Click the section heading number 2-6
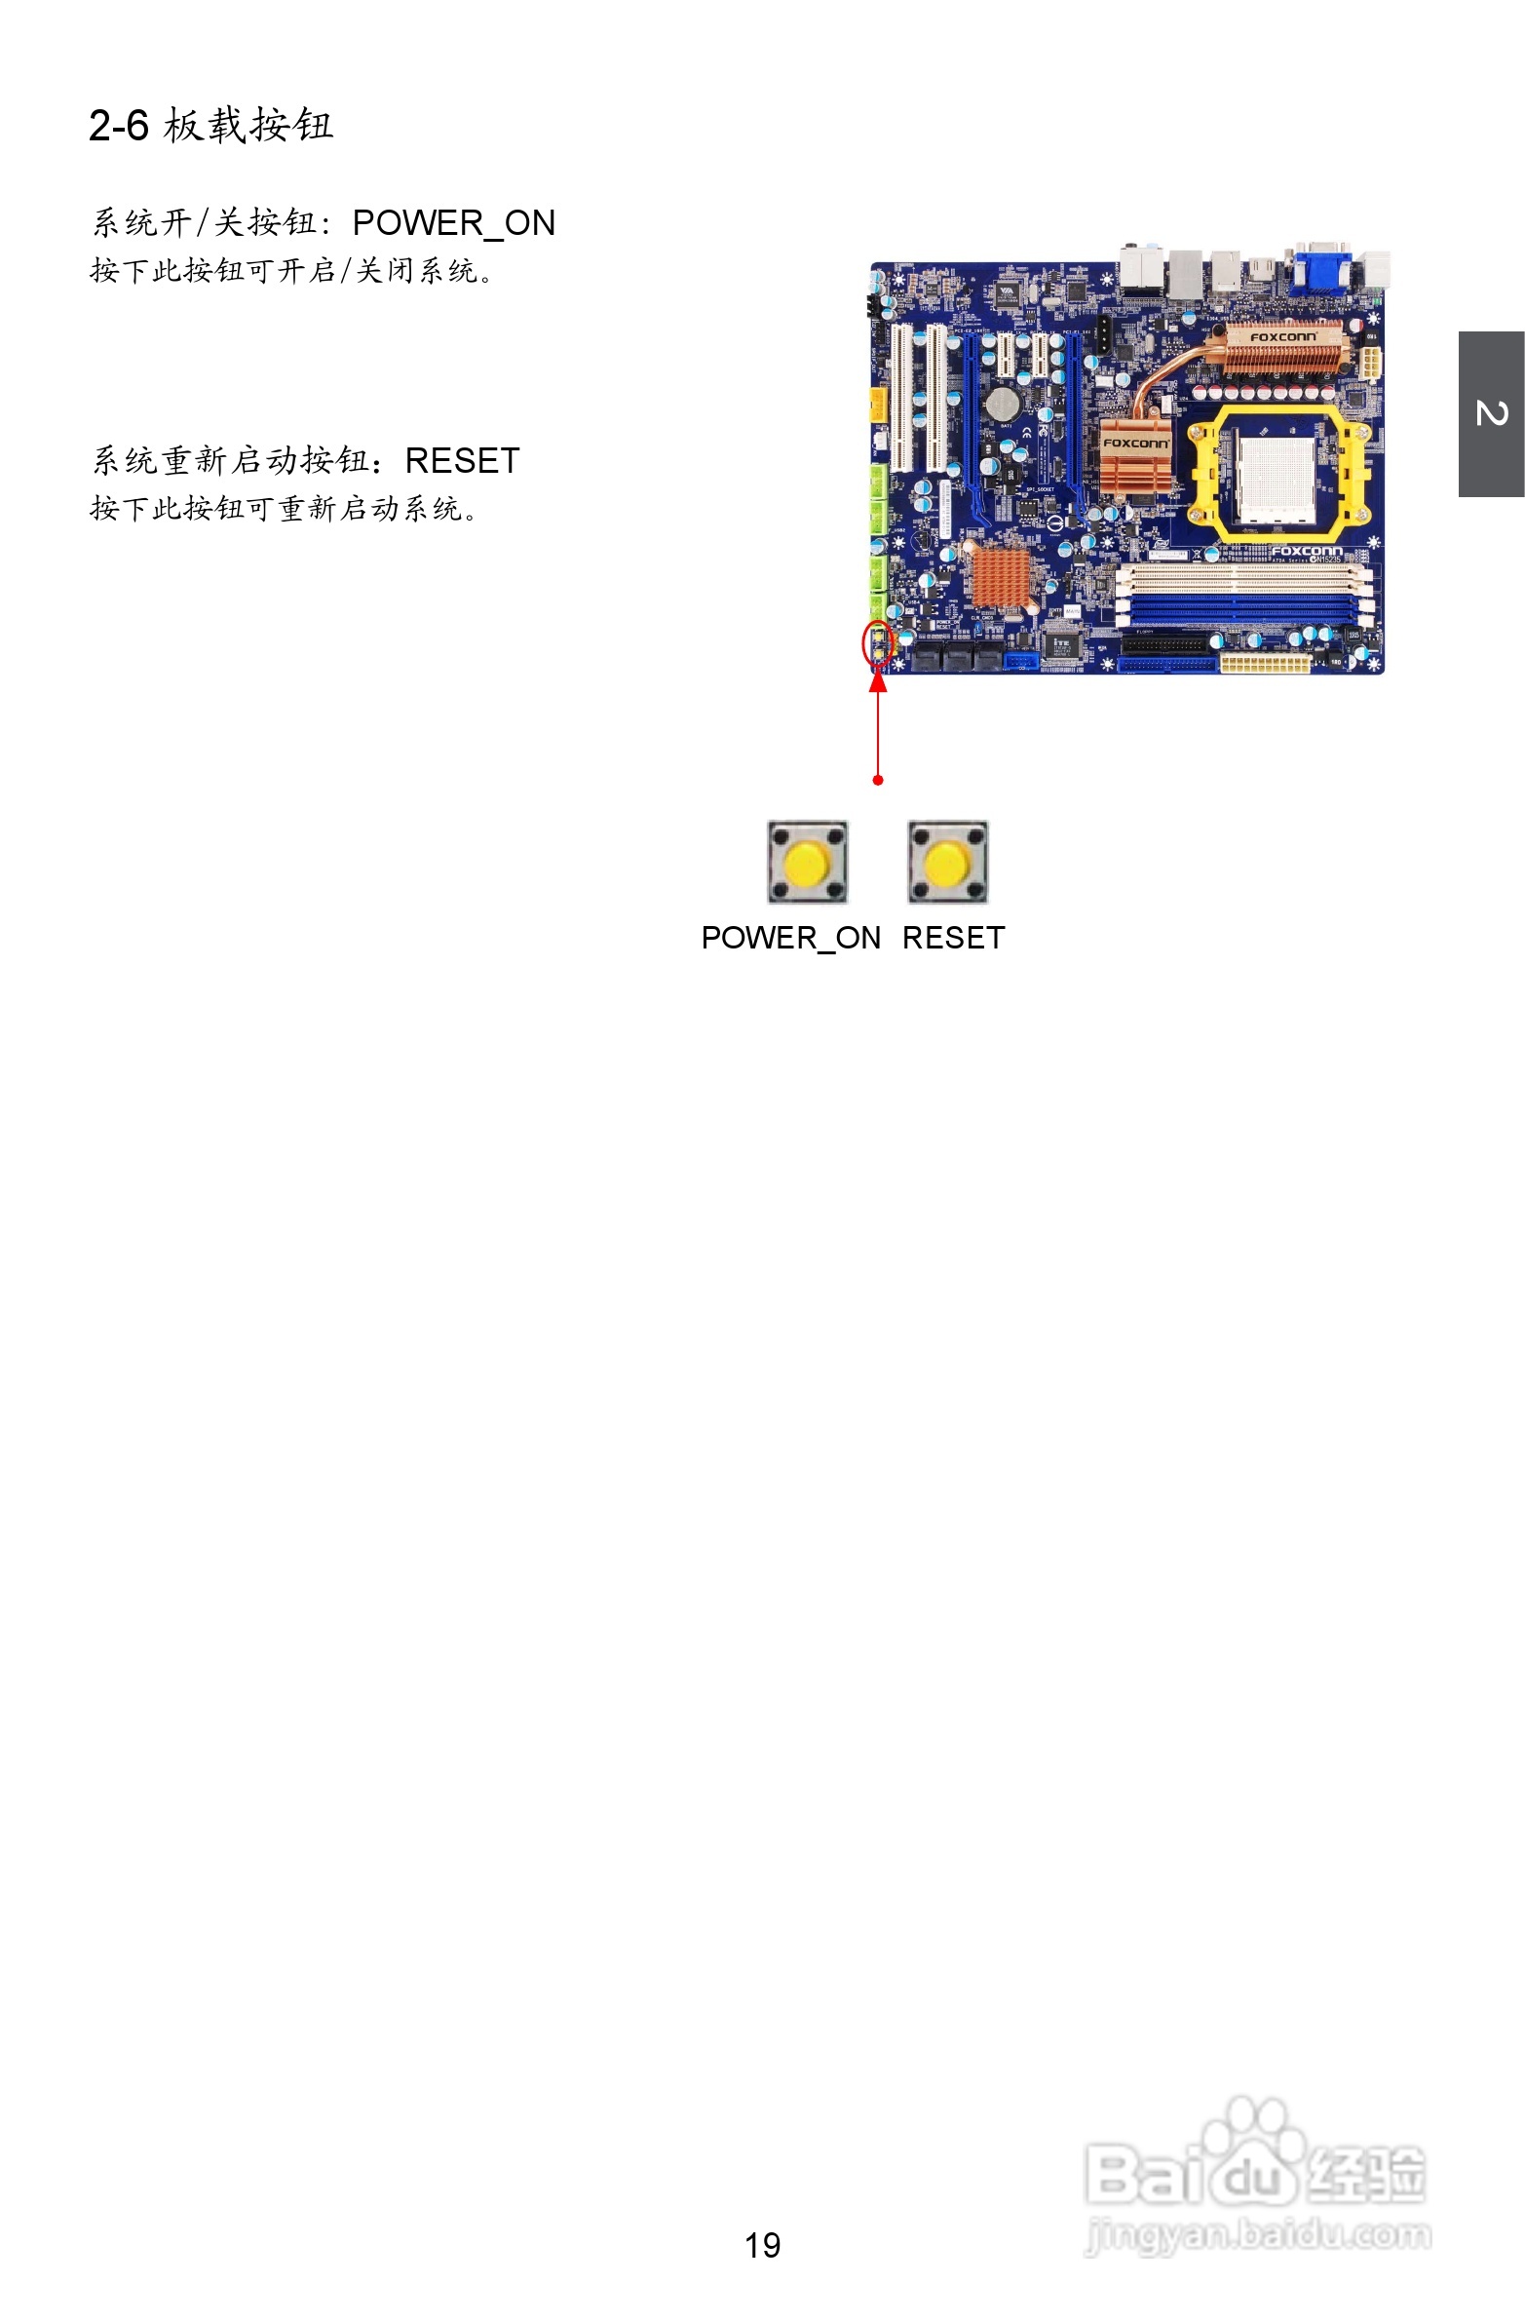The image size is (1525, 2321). (118, 126)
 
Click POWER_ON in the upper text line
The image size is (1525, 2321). (453, 223)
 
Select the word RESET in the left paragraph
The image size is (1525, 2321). (462, 461)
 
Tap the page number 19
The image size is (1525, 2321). (762, 2245)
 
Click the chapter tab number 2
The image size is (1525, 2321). (1491, 413)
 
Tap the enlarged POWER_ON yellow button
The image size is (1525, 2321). (808, 863)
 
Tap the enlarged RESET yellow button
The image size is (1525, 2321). (948, 863)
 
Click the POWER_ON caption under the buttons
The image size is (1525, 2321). (791, 938)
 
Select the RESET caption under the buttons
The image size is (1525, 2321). (954, 938)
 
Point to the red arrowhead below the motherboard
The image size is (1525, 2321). (879, 679)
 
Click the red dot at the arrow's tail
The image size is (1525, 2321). (879, 780)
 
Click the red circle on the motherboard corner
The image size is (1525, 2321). (878, 643)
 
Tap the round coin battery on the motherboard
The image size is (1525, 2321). (1002, 404)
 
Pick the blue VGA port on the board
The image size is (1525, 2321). (1321, 267)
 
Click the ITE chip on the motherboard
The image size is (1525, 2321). (1060, 644)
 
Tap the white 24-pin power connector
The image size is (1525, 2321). (1265, 664)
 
